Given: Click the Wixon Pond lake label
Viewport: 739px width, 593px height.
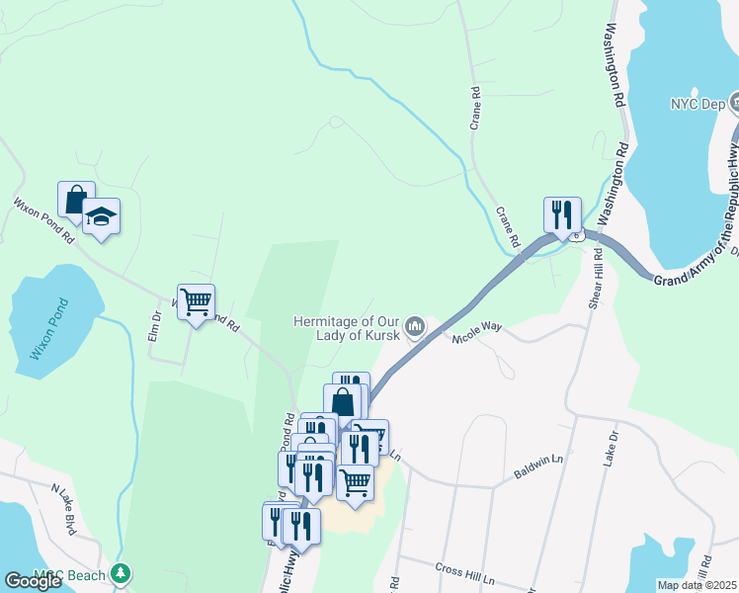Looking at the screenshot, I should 47,328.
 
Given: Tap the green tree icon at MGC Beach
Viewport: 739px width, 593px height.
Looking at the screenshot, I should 121,572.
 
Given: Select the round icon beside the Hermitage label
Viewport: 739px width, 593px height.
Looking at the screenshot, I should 416,325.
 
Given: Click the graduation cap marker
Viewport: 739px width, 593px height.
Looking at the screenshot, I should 101,215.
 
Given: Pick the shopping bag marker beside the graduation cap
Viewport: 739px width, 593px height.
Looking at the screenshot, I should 76,199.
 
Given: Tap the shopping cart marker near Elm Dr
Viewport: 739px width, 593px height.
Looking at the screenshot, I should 196,301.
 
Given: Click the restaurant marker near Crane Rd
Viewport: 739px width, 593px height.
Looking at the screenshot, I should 561,214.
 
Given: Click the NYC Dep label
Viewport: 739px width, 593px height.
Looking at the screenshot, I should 698,103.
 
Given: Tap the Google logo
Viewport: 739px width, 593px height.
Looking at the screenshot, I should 33,580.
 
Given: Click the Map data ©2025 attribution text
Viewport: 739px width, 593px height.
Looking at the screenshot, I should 696,585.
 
